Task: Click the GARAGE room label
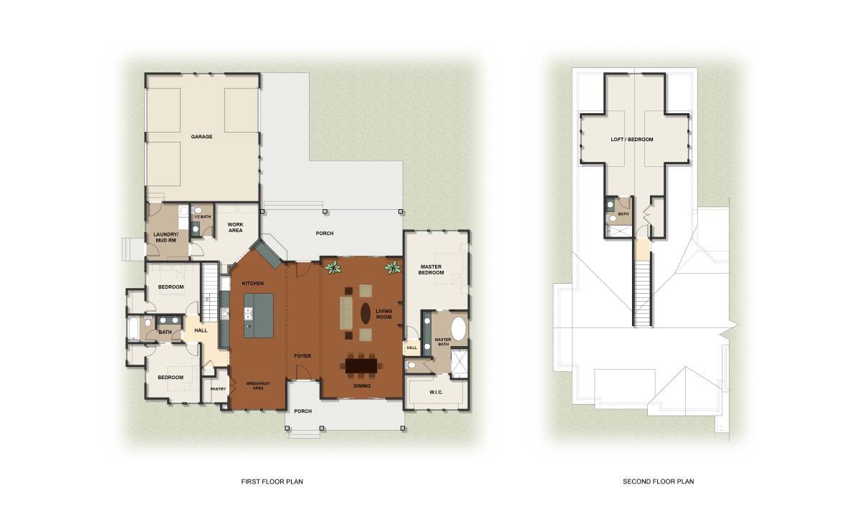coord(201,137)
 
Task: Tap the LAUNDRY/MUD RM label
coord(166,237)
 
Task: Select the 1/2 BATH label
coord(203,217)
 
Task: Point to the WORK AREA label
coord(235,227)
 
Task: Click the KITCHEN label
coord(252,283)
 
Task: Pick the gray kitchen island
coord(259,316)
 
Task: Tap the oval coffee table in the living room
coord(365,313)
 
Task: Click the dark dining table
coord(361,365)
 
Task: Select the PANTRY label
coord(218,389)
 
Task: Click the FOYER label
coord(302,356)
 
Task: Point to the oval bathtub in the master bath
coord(458,329)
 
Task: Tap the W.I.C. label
coord(436,392)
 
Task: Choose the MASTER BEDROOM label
coord(431,269)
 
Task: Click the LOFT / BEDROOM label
coord(632,140)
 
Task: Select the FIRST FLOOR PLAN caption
coord(272,481)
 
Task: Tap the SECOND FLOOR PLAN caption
coord(659,481)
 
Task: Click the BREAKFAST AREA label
coord(258,385)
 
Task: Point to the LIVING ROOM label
coord(384,314)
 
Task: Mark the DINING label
coord(362,386)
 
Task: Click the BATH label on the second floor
coord(623,214)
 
